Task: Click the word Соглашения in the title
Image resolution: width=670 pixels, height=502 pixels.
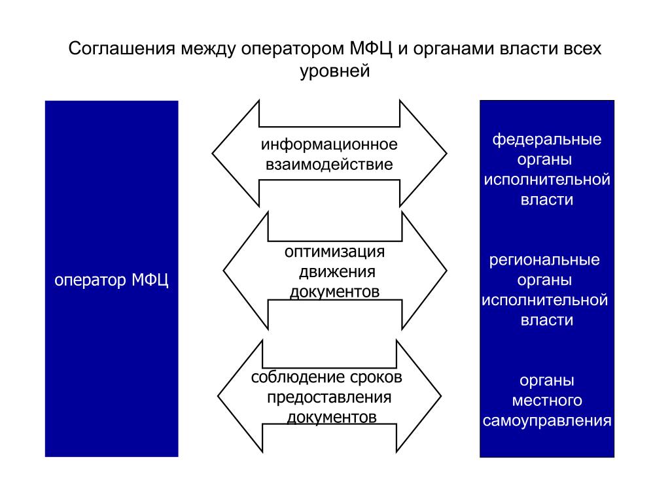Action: pos(122,48)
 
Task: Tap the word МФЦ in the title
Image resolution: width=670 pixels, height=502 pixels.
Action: pos(371,48)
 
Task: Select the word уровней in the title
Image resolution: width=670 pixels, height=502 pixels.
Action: pos(334,71)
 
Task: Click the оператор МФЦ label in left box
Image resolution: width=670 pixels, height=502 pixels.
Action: pos(111,280)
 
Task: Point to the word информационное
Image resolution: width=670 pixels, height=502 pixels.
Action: pos(329,144)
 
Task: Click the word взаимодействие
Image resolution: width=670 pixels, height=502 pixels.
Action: pos(329,164)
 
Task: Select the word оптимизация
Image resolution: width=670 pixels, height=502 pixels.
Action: pos(334,252)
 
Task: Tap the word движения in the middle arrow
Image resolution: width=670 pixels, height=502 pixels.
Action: pos(337,272)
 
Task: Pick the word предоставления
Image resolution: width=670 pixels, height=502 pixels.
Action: pos(329,397)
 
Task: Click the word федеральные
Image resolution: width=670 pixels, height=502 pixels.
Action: pos(546,139)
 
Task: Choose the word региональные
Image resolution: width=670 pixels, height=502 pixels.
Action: pos(544,260)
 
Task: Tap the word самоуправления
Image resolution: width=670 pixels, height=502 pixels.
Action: pos(547,420)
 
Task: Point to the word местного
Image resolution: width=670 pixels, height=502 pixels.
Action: pos(547,401)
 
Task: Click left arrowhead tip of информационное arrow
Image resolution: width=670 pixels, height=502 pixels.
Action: pos(213,153)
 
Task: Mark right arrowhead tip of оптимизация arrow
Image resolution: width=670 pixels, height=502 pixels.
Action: pos(446,271)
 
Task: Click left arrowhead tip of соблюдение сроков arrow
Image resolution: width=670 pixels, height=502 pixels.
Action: pos(218,396)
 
